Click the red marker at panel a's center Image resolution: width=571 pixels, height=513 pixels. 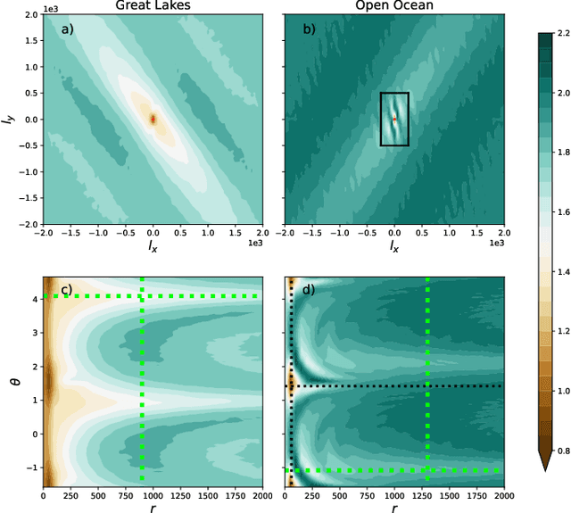pyautogui.click(x=153, y=119)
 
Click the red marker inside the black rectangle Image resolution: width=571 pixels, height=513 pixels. pyautogui.click(x=393, y=119)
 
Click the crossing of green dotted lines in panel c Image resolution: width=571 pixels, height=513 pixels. pyautogui.click(x=142, y=296)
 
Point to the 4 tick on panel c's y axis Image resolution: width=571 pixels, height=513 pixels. pyautogui.click(x=33, y=298)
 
